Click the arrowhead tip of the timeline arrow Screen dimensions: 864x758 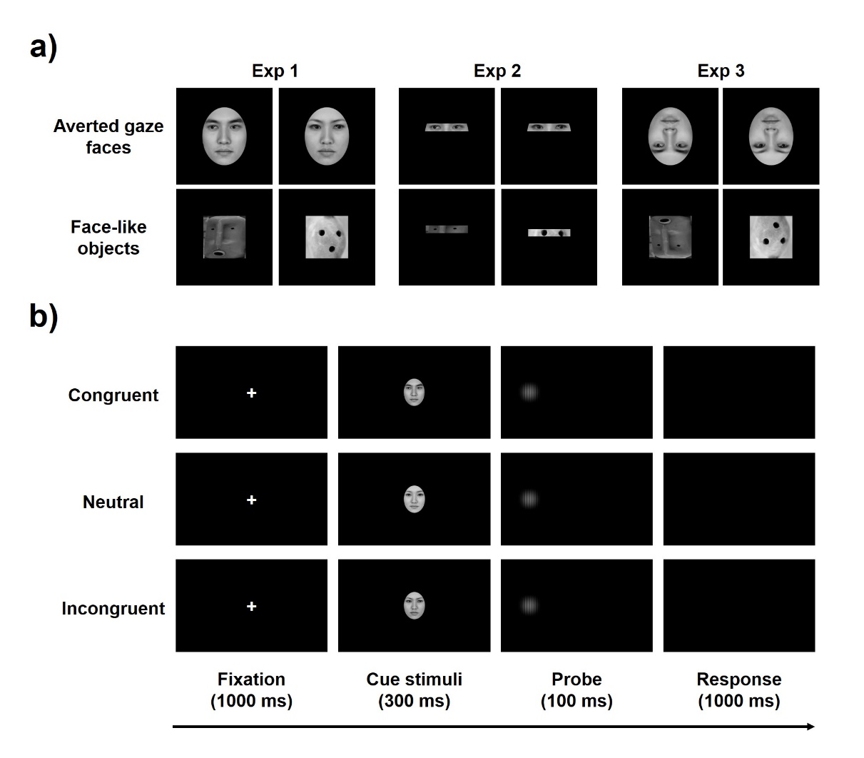coord(815,727)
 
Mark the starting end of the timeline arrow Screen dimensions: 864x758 coord(173,727)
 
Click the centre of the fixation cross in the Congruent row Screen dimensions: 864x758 coord(252,393)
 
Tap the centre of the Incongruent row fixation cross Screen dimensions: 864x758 coord(252,606)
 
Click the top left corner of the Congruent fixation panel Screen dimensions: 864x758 coord(176,346)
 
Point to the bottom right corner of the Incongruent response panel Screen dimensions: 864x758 coord(815,652)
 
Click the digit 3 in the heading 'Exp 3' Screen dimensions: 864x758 coord(739,71)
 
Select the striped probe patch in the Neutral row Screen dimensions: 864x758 coord(529,499)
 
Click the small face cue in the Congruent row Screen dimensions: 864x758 coord(414,392)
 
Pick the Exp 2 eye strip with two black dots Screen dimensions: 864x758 coord(549,233)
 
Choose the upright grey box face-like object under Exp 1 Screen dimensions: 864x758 coord(224,237)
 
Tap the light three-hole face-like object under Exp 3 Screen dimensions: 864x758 coord(771,237)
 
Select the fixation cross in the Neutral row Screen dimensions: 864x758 coord(252,500)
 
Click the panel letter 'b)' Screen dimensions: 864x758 coord(44,317)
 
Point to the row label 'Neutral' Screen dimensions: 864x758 coord(113,502)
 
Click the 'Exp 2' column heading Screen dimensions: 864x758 coord(497,71)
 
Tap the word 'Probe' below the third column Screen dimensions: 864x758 coord(576,679)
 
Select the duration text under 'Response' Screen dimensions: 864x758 coord(739,701)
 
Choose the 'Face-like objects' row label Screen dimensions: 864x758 coord(108,238)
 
